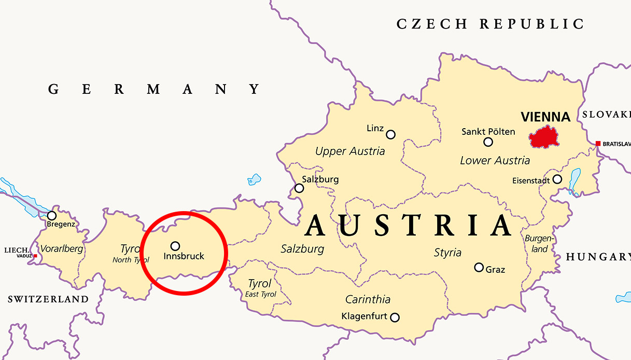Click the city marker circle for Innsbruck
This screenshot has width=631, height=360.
175,246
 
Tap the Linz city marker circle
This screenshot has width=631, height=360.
391,135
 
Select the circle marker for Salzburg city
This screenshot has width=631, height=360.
299,188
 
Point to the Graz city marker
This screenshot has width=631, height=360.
479,268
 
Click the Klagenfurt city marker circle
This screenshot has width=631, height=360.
395,317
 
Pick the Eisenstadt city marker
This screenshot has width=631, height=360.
557,179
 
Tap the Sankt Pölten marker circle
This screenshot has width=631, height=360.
488,142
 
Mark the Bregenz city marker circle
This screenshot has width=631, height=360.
52,215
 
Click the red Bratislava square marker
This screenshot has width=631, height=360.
598,144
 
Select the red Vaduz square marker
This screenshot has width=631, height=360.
35,256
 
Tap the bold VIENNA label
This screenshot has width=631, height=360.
545,117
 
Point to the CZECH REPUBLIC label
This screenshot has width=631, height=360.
490,24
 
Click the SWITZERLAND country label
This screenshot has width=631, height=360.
48,299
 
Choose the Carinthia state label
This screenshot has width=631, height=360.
368,299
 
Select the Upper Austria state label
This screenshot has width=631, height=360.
350,151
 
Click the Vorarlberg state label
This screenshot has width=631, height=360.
61,248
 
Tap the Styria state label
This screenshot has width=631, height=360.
447,253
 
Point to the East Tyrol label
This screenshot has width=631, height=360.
261,294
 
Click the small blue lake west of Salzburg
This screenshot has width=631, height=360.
254,179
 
